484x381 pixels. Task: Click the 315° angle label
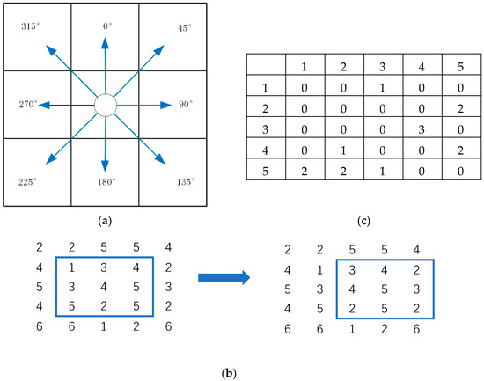[x=30, y=27]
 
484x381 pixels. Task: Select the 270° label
[x=26, y=104]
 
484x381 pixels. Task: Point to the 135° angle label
[x=185, y=182]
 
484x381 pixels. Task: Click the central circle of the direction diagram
[x=106, y=106]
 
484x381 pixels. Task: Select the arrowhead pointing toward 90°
[x=166, y=106]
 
